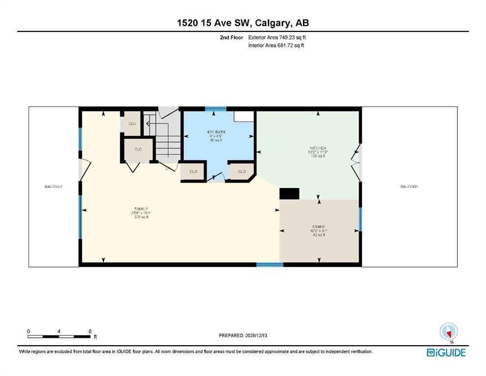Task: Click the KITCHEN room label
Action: point(318,148)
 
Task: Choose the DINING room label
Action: point(319,227)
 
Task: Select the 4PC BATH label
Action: point(212,132)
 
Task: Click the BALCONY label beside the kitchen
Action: point(409,187)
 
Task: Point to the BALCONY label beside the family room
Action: point(53,187)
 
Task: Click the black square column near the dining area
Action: point(289,193)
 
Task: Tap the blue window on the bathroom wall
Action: point(212,109)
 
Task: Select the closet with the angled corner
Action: point(242,172)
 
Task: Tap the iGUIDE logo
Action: point(446,352)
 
